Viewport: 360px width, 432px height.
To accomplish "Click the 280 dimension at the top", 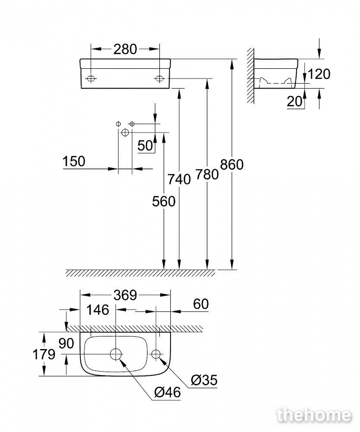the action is click(x=125, y=49).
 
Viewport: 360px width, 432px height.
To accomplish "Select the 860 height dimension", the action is click(x=232, y=165).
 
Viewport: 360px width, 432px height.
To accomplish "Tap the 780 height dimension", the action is click(x=207, y=175).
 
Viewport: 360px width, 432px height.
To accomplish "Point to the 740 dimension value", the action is click(x=179, y=179).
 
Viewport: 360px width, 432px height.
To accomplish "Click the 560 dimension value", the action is click(x=164, y=201).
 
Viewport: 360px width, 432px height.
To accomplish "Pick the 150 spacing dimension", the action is click(x=74, y=162).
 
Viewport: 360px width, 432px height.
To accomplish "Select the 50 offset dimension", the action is click(x=145, y=146).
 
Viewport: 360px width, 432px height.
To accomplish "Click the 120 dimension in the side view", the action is click(x=319, y=74).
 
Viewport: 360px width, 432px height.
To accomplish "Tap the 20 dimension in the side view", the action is click(x=294, y=102).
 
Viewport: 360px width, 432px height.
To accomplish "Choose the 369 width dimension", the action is click(x=125, y=295).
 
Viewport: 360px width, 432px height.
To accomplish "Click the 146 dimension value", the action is click(x=98, y=310).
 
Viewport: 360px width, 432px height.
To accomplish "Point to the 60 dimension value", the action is click(x=201, y=304).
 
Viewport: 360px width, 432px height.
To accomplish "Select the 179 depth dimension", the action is click(x=44, y=354).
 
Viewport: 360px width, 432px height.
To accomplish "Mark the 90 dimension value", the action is click(x=66, y=343).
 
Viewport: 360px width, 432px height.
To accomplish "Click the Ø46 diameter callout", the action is click(x=167, y=392).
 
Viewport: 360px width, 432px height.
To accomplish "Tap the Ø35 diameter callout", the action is click(x=204, y=380).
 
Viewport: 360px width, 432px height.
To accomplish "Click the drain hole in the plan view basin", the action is click(x=116, y=354).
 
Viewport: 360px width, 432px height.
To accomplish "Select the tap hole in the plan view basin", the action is click(x=156, y=354).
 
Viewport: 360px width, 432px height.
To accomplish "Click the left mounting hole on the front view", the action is click(x=91, y=79).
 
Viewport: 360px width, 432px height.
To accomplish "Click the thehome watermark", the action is click(x=314, y=415).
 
